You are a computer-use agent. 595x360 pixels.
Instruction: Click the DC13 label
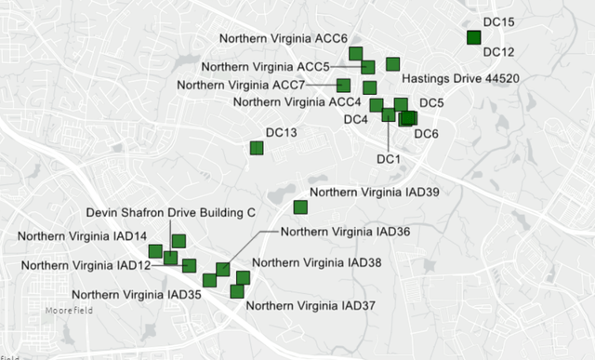[x=281, y=134]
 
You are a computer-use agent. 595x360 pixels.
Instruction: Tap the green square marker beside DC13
[x=257, y=148]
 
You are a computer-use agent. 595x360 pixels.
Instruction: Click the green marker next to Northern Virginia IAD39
[x=300, y=207]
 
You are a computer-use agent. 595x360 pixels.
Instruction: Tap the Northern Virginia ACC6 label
[x=283, y=38]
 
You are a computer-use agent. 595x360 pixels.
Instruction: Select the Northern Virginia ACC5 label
[x=266, y=67]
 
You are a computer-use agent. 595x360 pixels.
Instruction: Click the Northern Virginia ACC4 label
[x=297, y=101]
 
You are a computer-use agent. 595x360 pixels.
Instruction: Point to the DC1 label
[x=388, y=159]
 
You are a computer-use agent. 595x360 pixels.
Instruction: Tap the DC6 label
[x=426, y=134]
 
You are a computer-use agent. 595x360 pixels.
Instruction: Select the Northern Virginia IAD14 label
[x=82, y=236]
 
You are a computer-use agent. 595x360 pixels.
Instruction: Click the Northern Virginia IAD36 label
[x=345, y=231]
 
